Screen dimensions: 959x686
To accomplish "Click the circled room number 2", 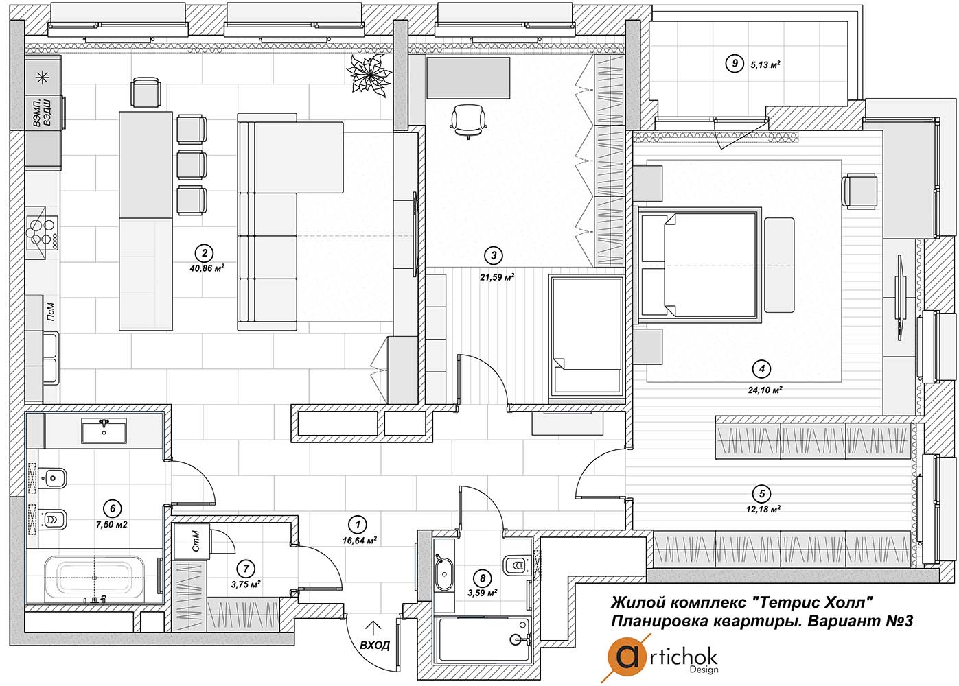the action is (204, 253).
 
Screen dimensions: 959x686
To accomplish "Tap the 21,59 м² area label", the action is (496, 277).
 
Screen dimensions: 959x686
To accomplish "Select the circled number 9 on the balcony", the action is (735, 64).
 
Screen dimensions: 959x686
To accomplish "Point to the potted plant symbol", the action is (369, 75).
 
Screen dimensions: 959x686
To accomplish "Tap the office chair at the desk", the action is (469, 121).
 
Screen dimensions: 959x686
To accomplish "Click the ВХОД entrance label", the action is (375, 644).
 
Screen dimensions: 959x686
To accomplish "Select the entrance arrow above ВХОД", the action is (374, 627).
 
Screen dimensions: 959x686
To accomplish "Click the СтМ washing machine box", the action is (192, 541).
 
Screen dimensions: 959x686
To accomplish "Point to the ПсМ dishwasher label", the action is (51, 312).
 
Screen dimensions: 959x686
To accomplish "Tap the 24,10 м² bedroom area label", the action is (765, 390).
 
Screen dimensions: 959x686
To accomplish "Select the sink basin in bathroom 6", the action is (104, 431).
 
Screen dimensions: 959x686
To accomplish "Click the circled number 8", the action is (483, 578).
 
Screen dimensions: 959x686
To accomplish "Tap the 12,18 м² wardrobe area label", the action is (763, 509).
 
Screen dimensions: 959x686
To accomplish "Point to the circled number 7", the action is (246, 569).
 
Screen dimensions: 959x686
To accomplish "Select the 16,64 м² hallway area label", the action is (359, 540).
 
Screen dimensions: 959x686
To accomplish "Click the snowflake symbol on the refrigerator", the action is (42, 78).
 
